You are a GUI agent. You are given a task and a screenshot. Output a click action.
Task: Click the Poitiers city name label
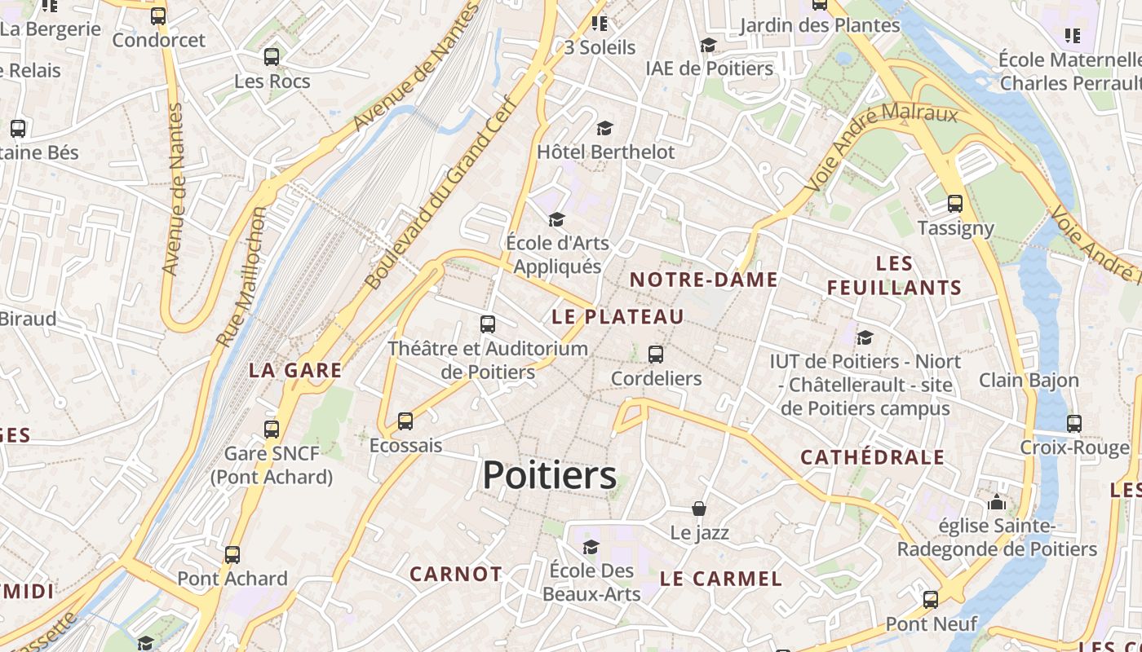click(x=549, y=475)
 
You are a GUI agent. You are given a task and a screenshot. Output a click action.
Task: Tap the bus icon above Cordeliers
click(x=656, y=355)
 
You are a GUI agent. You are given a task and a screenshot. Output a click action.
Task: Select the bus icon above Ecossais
click(x=405, y=421)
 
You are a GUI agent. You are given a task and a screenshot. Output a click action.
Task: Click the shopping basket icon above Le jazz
click(x=699, y=509)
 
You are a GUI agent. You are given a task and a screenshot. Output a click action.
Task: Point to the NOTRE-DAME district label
click(x=704, y=280)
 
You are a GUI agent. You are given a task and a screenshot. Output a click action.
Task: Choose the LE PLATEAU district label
click(x=617, y=316)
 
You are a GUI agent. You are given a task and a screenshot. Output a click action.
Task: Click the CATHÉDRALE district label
click(x=872, y=457)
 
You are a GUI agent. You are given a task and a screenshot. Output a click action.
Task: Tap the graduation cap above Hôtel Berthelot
click(x=604, y=128)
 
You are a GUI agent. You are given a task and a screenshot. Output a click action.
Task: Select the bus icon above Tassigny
click(x=955, y=204)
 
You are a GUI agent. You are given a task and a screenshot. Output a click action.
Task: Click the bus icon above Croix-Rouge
click(x=1074, y=424)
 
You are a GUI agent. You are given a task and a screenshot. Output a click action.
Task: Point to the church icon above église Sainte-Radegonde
click(x=997, y=502)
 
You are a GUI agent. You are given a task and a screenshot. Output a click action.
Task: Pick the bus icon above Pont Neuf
click(x=931, y=601)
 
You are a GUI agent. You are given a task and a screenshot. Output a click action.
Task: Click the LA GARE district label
click(x=295, y=370)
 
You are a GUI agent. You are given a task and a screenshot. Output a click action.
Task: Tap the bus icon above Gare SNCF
click(x=272, y=429)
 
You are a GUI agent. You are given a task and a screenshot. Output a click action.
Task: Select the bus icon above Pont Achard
click(x=232, y=555)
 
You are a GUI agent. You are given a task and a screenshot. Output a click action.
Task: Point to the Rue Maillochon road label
click(x=241, y=277)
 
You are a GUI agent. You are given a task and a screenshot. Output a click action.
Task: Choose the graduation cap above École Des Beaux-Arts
click(x=591, y=546)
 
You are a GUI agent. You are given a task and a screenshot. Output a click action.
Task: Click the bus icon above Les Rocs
click(x=272, y=57)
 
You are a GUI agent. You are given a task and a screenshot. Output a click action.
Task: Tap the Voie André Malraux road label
click(x=881, y=147)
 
